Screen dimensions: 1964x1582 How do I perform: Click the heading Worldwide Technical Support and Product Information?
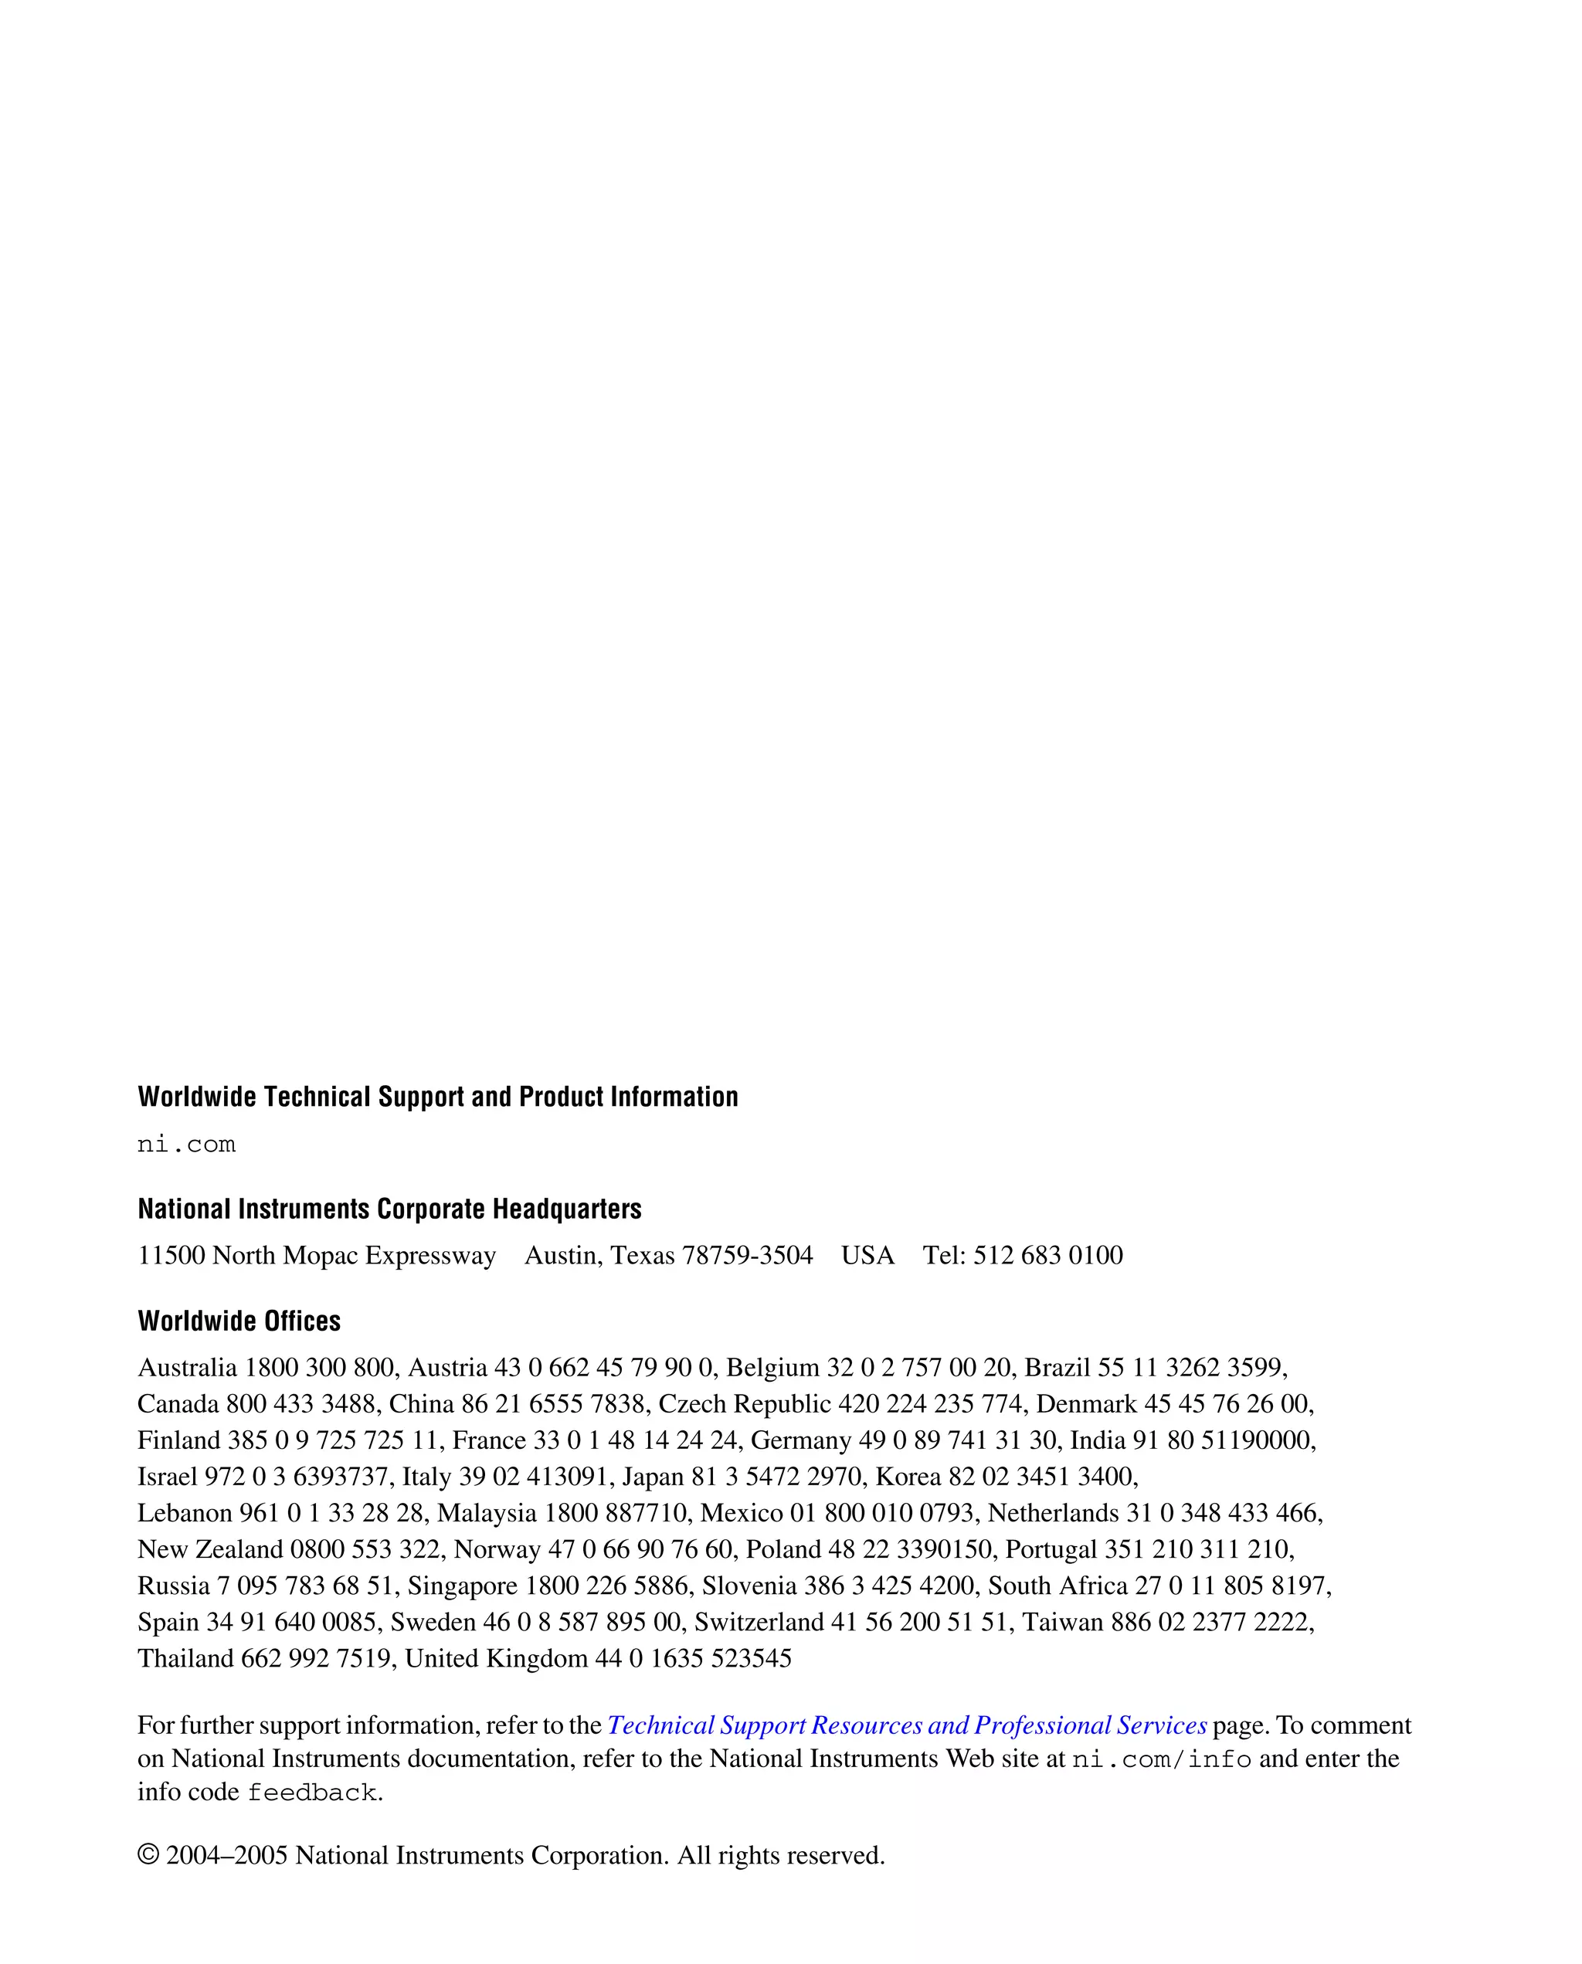click(x=437, y=1097)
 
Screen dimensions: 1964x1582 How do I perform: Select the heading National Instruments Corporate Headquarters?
click(x=389, y=1209)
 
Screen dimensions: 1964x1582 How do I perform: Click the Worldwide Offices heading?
click(x=239, y=1321)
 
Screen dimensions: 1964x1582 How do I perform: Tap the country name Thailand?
click(x=186, y=1659)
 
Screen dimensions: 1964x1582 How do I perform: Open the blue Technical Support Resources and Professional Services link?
click(x=907, y=1725)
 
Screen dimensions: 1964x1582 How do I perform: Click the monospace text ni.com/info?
click(x=1161, y=1759)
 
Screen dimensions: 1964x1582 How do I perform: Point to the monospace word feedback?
click(x=311, y=1793)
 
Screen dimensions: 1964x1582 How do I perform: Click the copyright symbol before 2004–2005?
click(x=148, y=1856)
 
